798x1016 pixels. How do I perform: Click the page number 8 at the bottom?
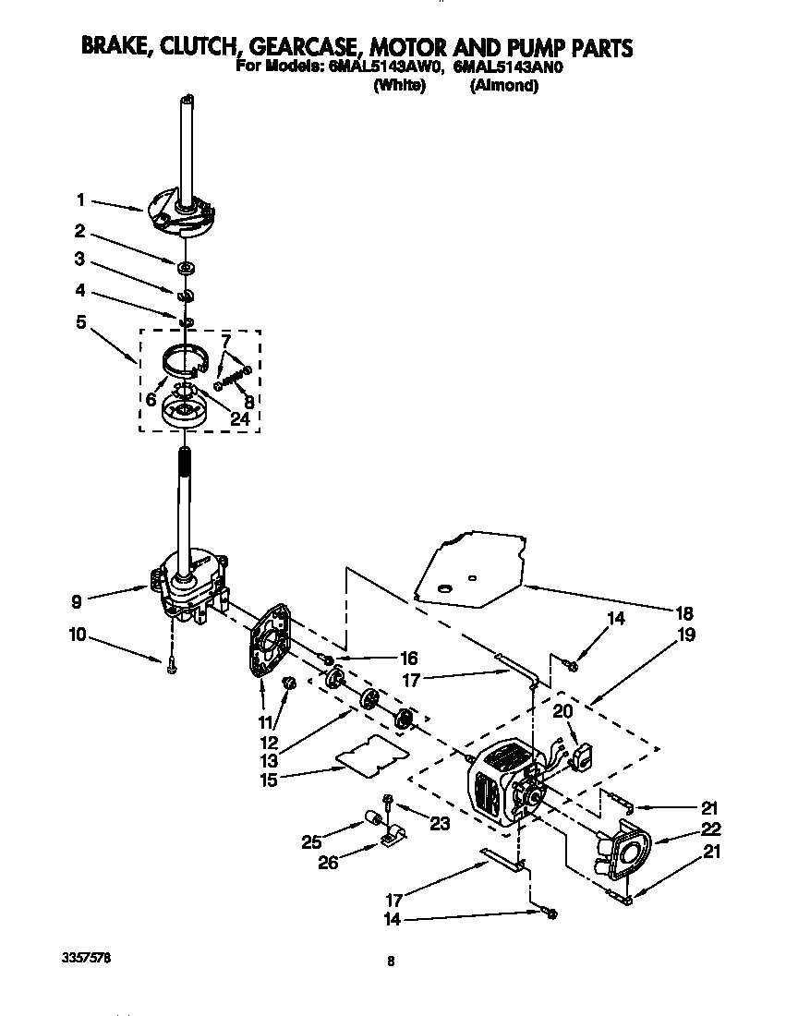pos(392,961)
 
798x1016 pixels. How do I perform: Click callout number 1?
pos(80,199)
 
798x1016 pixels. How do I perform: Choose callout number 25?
pos(311,842)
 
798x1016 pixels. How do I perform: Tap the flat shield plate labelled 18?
pos(471,568)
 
